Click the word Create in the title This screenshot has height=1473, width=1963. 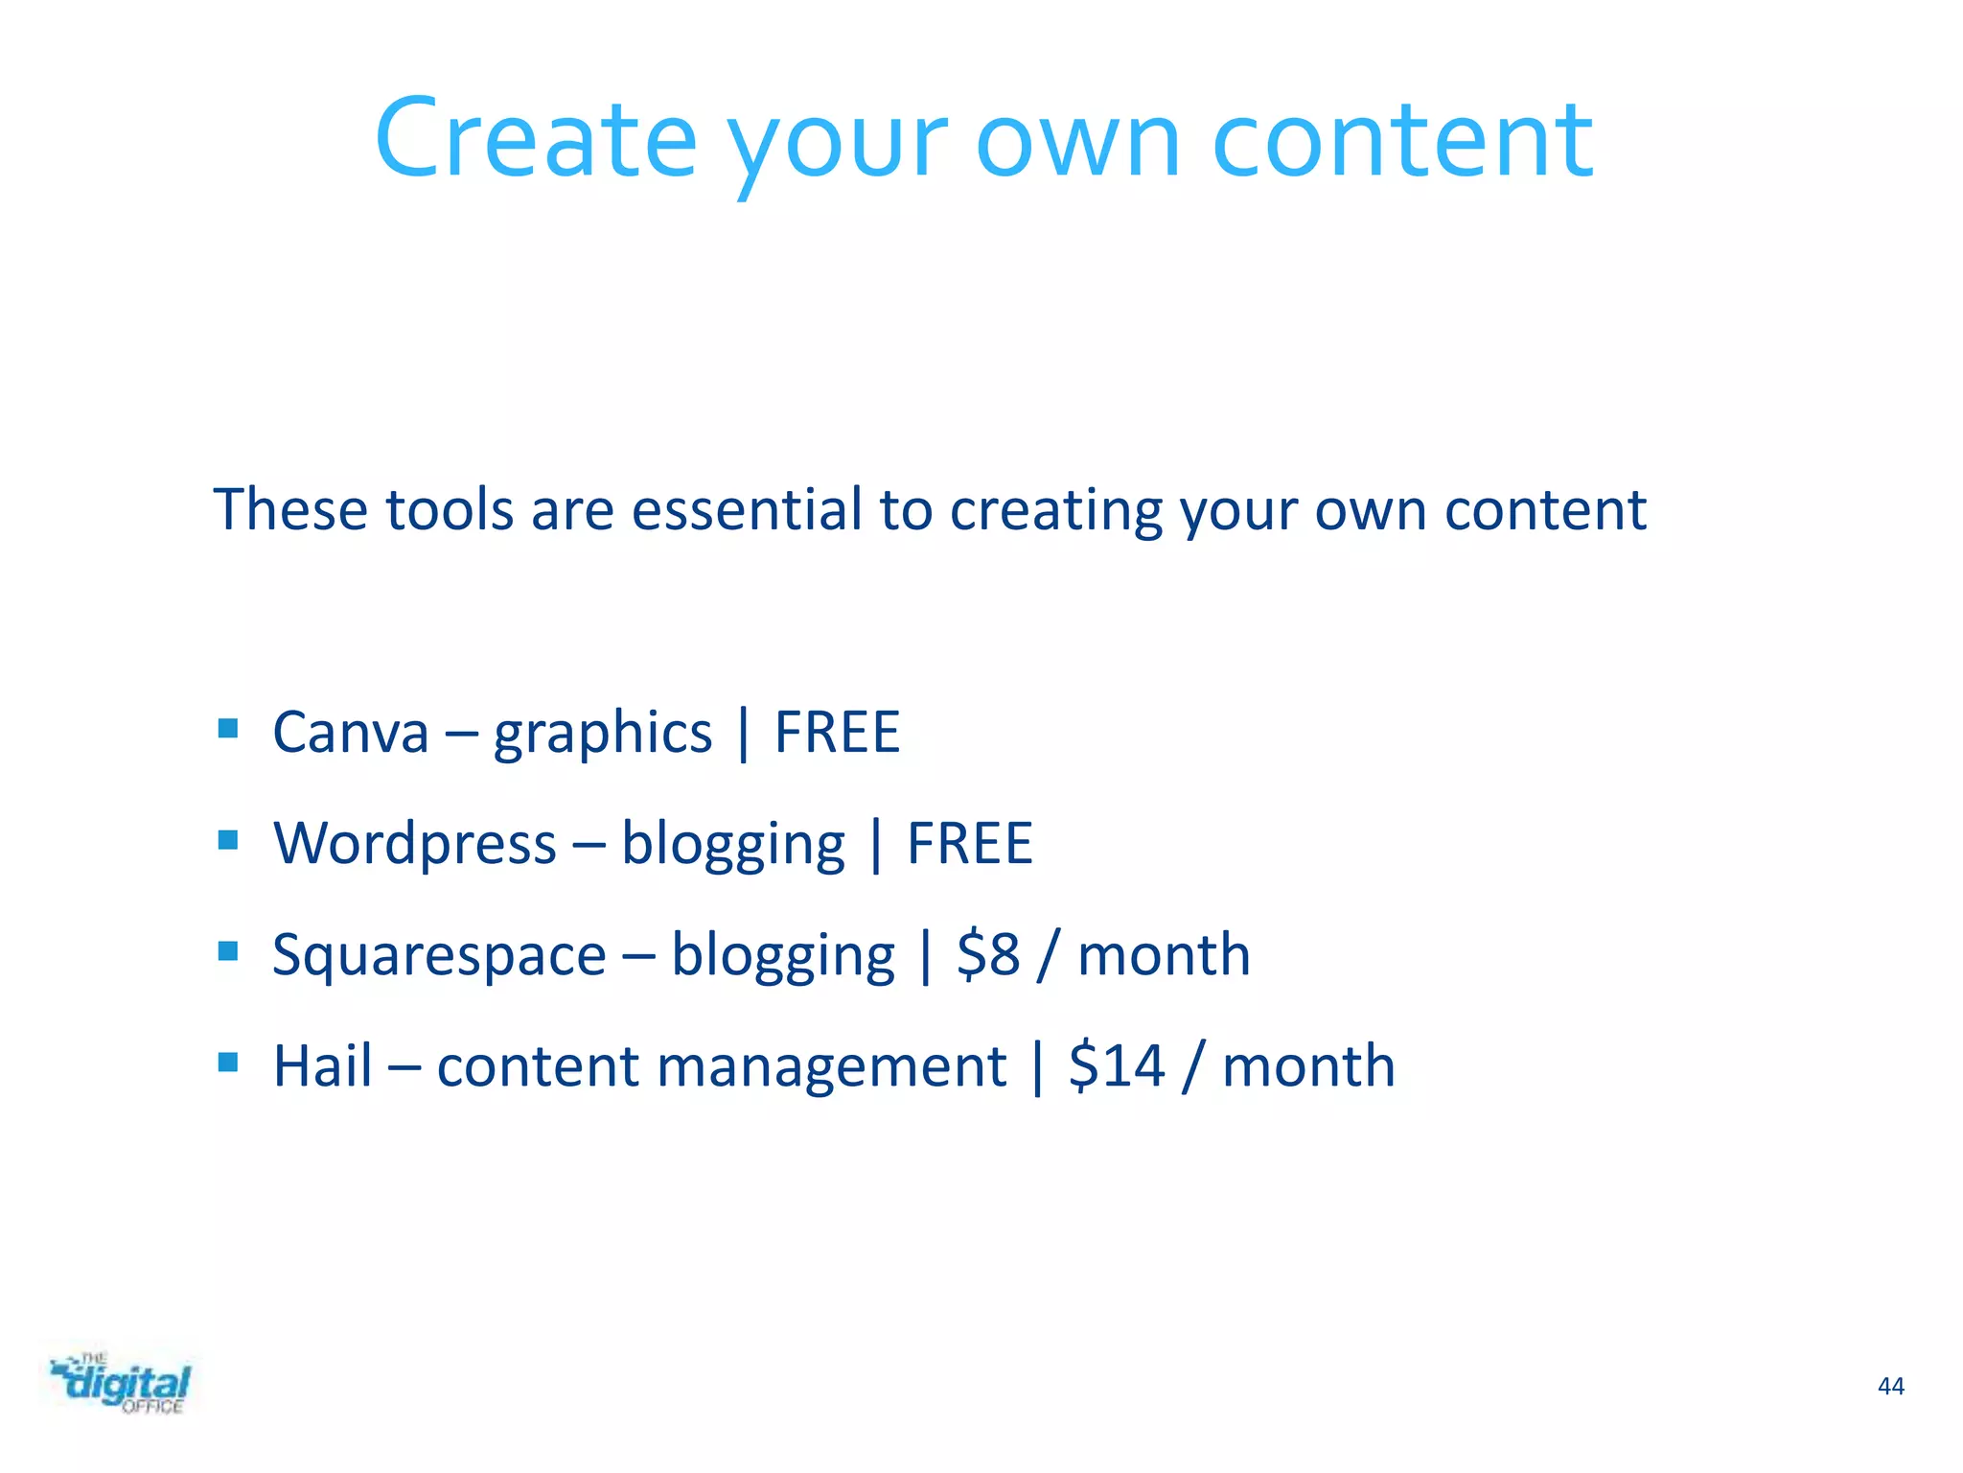(535, 139)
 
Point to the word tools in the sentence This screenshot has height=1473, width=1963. (450, 509)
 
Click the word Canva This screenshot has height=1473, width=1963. (350, 734)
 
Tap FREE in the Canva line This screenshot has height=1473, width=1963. (837, 734)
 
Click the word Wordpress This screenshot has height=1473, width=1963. (414, 845)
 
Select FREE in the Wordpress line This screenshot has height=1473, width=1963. (969, 845)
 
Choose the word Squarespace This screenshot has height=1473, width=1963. (439, 956)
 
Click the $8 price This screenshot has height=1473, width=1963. (988, 955)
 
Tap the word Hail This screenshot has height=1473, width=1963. (322, 1066)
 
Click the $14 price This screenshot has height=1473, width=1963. (1117, 1066)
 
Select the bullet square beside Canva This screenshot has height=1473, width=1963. (228, 729)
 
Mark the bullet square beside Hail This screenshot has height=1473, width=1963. (228, 1062)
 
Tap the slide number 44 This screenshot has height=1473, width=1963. (1890, 1386)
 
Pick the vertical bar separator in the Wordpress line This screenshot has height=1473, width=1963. (876, 845)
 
